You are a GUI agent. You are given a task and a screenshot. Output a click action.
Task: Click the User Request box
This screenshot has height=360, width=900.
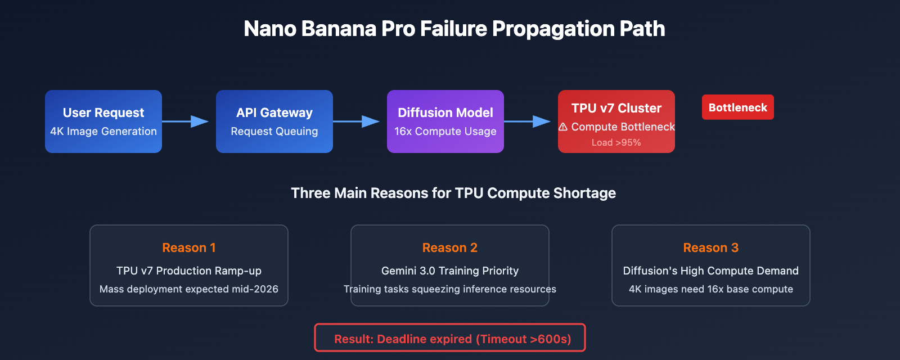[103, 121]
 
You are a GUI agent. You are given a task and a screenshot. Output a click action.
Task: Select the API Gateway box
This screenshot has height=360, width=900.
[274, 121]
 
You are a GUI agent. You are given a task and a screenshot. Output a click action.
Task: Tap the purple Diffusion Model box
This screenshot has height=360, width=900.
[445, 121]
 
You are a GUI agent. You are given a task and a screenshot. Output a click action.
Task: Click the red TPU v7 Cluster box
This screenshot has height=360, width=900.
[616, 121]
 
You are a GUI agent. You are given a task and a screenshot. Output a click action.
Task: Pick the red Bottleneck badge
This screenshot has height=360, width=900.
[737, 107]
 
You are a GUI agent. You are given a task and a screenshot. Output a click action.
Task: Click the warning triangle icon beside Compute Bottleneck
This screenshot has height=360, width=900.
[563, 127]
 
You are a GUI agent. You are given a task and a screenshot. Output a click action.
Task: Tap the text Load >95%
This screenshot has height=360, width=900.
[616, 143]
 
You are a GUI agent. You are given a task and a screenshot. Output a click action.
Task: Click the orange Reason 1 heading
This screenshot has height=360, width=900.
[189, 247]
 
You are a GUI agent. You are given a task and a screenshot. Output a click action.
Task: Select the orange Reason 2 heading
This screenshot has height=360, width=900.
[450, 247]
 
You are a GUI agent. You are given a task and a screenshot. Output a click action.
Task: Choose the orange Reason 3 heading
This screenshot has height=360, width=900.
[710, 247]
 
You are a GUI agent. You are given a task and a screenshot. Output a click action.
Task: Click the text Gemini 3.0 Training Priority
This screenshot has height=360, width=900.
[450, 271]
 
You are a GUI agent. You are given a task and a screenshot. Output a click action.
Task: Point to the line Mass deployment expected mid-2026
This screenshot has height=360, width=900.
[189, 289]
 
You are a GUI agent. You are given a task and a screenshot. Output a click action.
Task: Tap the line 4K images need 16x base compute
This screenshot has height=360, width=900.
[710, 289]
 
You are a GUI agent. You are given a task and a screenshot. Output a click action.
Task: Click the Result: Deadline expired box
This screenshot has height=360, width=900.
[450, 338]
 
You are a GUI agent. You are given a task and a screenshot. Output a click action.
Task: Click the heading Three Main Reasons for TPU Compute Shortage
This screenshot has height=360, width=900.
[453, 193]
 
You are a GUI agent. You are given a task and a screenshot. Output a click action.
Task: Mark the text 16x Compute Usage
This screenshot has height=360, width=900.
[445, 132]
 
